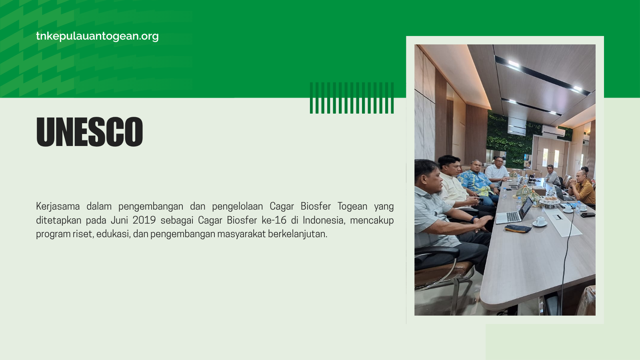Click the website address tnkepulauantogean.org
(97, 36)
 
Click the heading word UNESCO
(90, 132)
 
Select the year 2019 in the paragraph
(144, 220)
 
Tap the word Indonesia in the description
(324, 220)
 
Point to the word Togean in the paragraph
(352, 206)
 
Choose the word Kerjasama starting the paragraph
(58, 206)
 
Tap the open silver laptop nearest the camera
(514, 212)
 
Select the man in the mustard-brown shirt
(582, 187)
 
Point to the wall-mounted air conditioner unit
(554, 131)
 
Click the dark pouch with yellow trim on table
(518, 229)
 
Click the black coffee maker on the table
(532, 178)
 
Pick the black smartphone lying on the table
(588, 214)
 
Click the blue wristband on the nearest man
(474, 220)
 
